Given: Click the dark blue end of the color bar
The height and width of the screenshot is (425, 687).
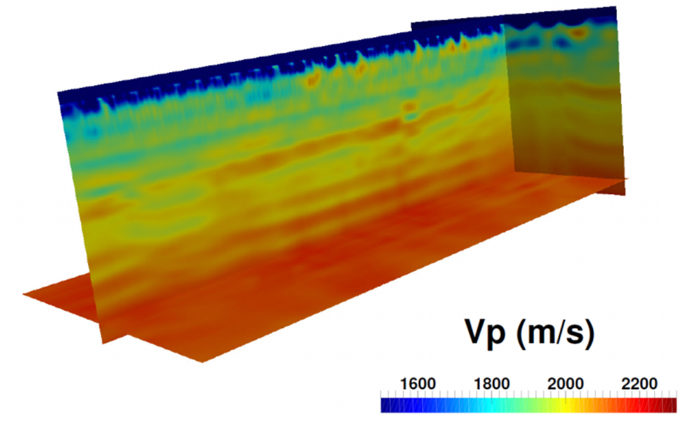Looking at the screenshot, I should coord(385,405).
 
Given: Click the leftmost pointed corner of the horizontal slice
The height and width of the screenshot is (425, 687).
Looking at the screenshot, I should coord(24,294).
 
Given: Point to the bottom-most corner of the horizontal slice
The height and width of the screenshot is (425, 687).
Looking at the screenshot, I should coord(202,361).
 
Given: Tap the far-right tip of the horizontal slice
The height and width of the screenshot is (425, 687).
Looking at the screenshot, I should coord(627,179).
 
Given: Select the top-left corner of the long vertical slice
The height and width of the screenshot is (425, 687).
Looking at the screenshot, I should coord(59,93).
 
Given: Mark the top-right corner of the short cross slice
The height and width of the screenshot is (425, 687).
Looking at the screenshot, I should coord(616,7).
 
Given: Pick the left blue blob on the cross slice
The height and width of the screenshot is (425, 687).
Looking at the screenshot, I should coord(522,43).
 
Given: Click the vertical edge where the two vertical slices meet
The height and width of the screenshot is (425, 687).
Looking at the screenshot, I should coord(509,95).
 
